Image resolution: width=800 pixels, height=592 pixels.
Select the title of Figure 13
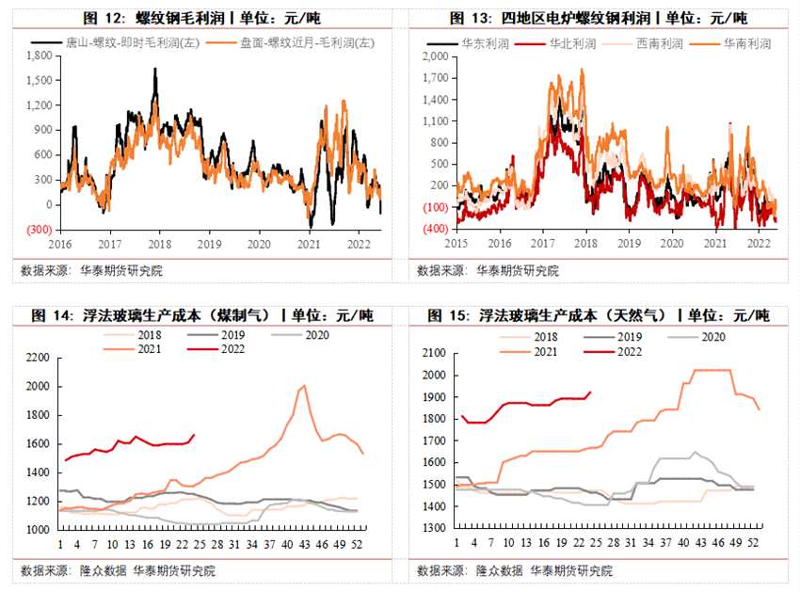(599, 18)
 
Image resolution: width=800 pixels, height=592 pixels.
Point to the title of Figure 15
(599, 315)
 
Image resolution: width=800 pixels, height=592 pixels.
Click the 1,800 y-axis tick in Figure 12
(39, 56)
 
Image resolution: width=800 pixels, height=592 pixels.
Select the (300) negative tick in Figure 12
(39, 230)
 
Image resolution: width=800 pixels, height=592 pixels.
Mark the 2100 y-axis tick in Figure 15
(433, 353)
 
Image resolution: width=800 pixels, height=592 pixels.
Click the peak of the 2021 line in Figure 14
(303, 386)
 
